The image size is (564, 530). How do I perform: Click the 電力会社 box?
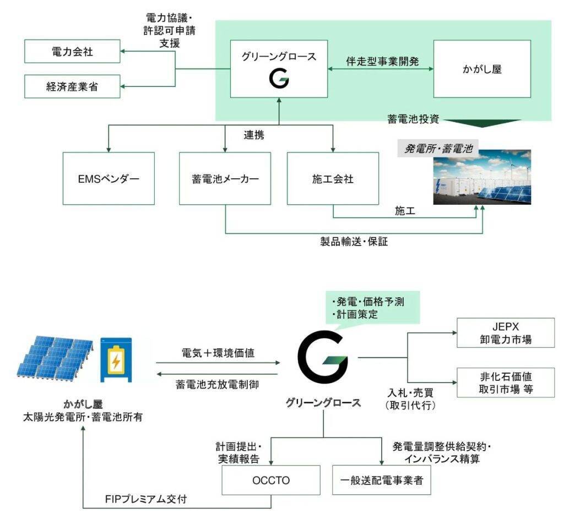73,51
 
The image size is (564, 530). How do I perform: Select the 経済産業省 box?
73,86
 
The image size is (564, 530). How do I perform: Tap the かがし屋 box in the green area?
482,69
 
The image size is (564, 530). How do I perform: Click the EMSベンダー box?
108,179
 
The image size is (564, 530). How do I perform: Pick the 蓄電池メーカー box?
225,179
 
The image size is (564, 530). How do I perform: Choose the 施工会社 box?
332,179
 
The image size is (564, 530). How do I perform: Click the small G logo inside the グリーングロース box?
279,80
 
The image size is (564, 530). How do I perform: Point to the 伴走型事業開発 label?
382,61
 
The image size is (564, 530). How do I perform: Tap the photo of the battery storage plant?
482,177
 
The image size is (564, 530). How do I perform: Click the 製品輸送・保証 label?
355,242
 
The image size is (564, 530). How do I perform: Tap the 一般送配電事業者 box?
381,480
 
